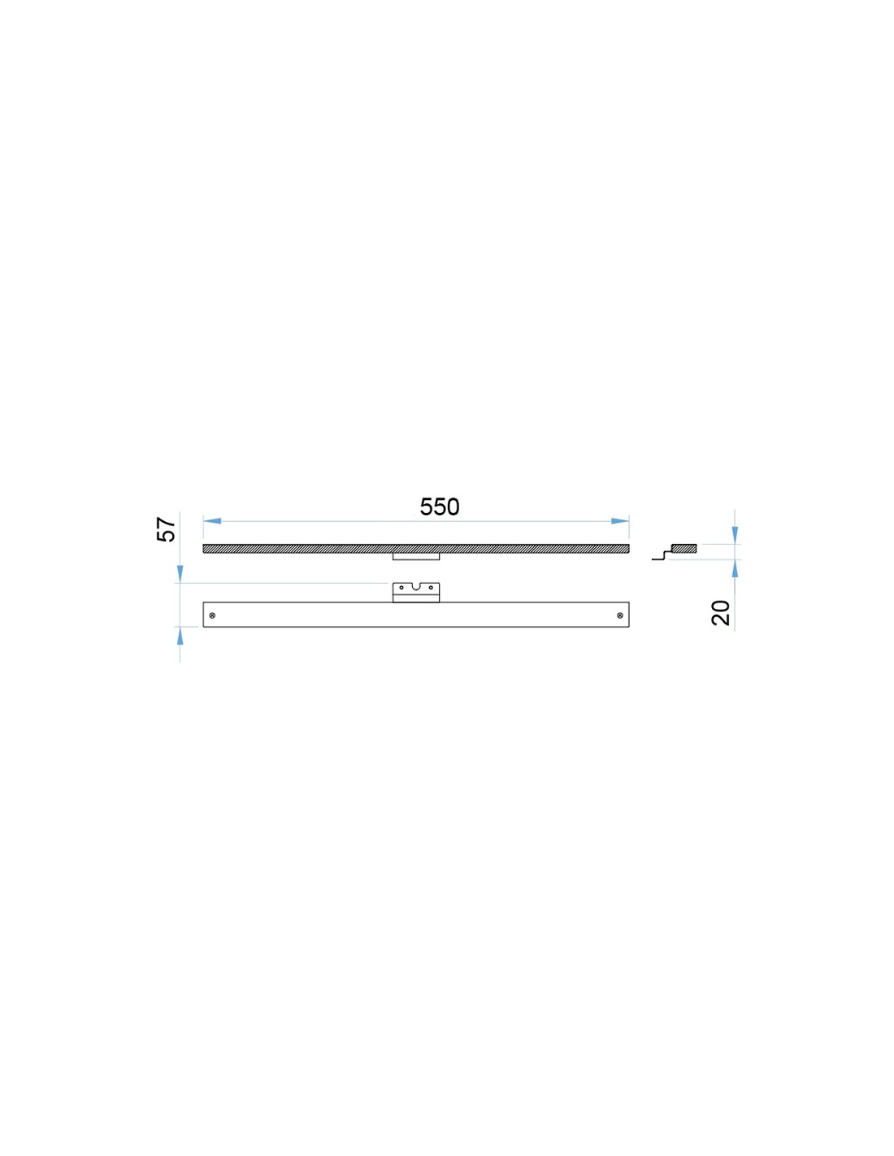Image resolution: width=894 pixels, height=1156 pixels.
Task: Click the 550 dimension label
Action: tap(440, 507)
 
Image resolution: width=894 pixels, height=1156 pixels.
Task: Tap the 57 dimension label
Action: tap(166, 529)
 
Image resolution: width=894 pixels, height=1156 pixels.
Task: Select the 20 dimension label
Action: tap(721, 613)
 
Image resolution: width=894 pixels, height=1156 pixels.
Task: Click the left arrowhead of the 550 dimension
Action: tap(212, 521)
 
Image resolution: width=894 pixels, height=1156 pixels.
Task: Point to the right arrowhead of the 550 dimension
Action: tap(620, 521)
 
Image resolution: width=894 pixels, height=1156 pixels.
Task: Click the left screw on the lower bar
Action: tap(213, 615)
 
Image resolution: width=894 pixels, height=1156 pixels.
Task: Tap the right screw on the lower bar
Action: tap(619, 615)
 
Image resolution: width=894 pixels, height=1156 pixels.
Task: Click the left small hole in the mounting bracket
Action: tap(401, 588)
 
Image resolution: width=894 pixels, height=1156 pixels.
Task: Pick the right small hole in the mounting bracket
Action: tap(431, 588)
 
